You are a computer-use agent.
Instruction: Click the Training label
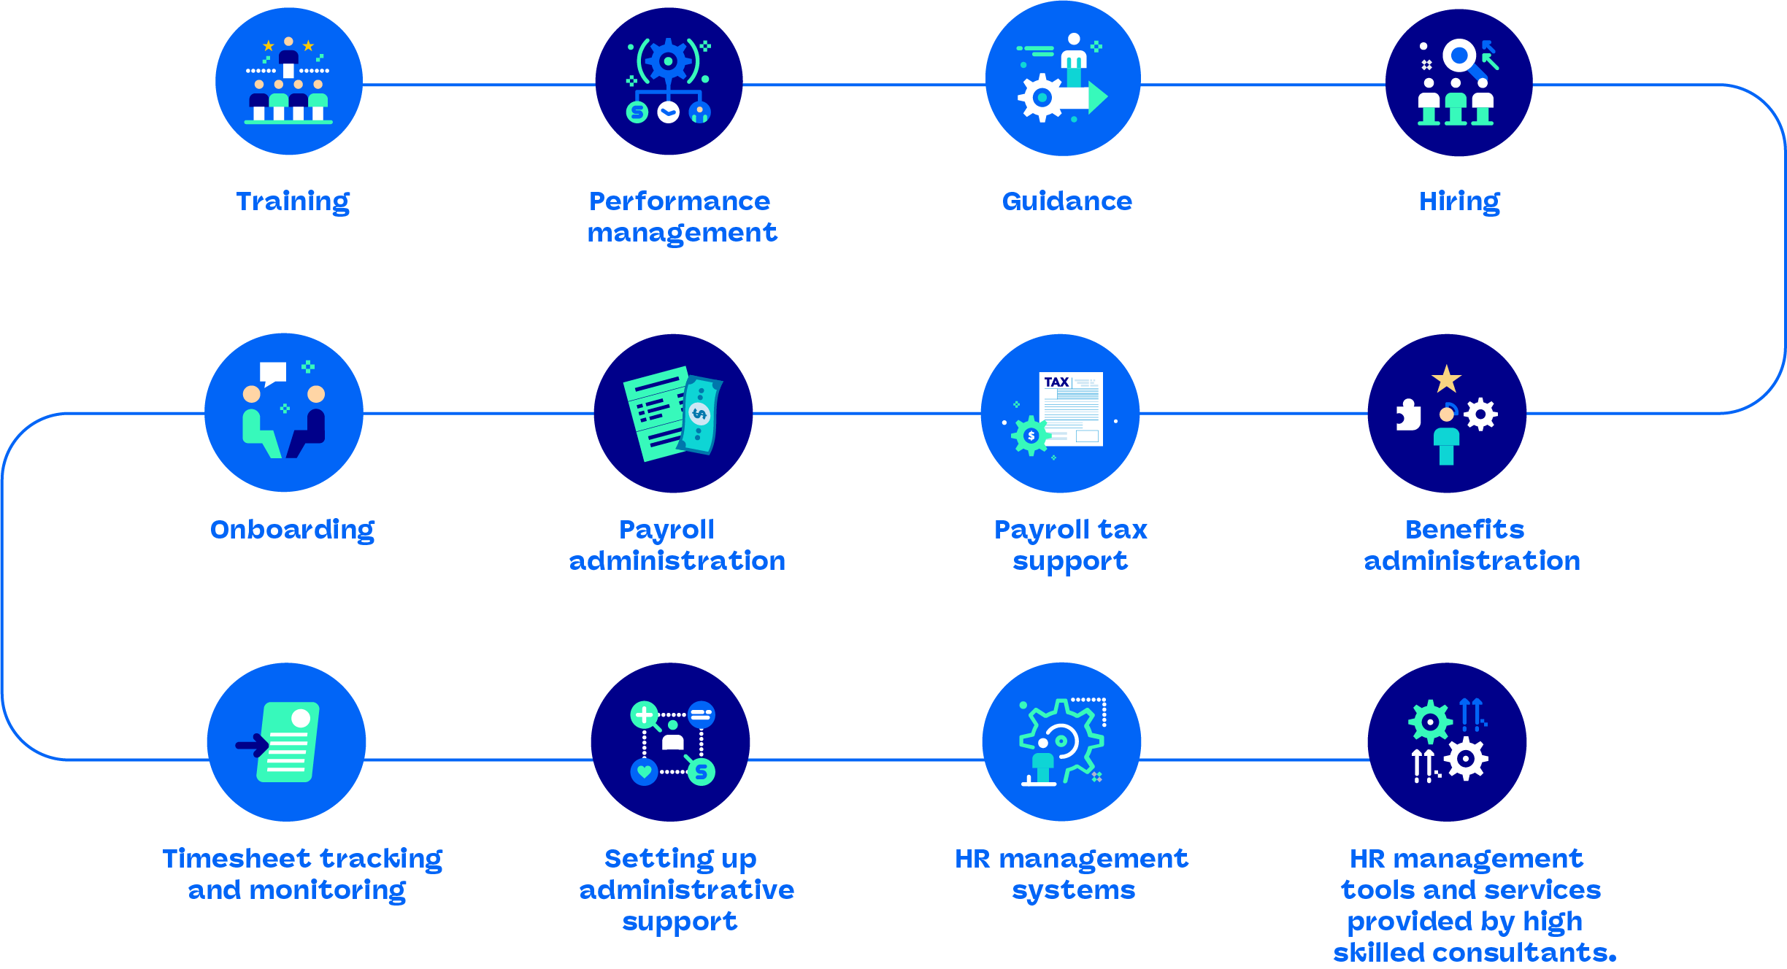pos(293,201)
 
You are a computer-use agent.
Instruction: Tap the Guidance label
pos(1067,201)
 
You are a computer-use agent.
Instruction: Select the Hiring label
pos(1459,201)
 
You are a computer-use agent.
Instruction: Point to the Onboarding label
pos(292,530)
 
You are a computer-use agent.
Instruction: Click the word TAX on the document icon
pos(1056,382)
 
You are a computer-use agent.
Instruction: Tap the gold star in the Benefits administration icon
pos(1446,379)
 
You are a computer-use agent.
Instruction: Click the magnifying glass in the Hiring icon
pos(1461,56)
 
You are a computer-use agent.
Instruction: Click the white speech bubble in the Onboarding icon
pos(273,373)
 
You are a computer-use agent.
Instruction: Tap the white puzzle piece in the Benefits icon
pos(1407,415)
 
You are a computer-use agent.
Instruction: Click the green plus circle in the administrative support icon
pos(644,715)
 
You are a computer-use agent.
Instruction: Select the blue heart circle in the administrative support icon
pos(644,771)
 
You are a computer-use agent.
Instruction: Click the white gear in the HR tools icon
pos(1465,759)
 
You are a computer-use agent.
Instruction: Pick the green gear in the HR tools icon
pos(1429,722)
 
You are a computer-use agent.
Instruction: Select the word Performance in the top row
pos(680,201)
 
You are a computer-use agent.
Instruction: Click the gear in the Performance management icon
pos(668,61)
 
